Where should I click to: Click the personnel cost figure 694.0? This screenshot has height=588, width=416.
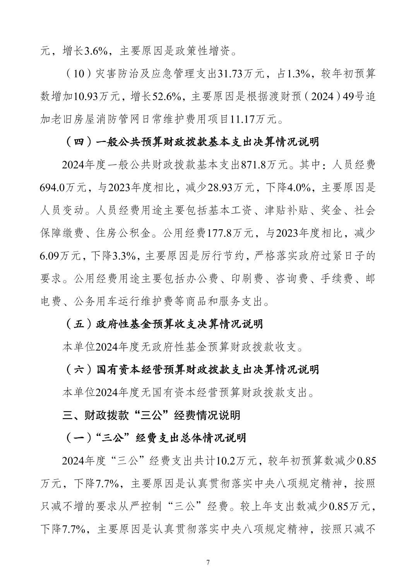[x=53, y=188]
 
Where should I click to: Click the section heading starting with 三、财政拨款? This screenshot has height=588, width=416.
[x=151, y=415]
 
